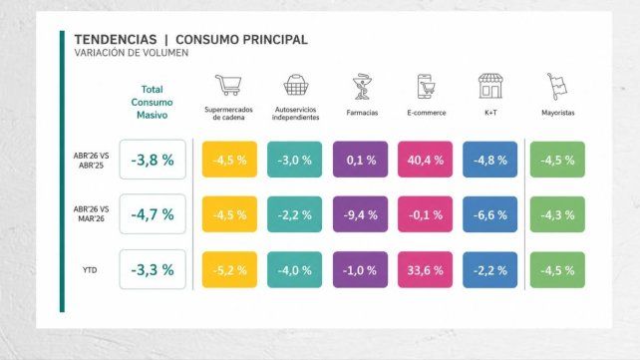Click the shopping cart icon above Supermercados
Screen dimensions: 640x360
pyautogui.click(x=228, y=85)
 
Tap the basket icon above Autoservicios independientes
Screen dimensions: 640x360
pyautogui.click(x=295, y=85)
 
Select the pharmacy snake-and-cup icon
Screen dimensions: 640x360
pyautogui.click(x=362, y=87)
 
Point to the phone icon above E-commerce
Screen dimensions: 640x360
pyautogui.click(x=426, y=87)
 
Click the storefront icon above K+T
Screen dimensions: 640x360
pyautogui.click(x=490, y=86)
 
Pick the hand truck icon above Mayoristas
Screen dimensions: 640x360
pyautogui.click(x=557, y=87)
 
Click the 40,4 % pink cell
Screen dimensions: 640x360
pyautogui.click(x=425, y=160)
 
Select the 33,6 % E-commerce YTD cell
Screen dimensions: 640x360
pyautogui.click(x=425, y=270)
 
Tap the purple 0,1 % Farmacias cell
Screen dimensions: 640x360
pyautogui.click(x=360, y=160)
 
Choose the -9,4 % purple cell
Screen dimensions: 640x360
pyautogui.click(x=360, y=214)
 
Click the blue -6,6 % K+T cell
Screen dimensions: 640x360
pyautogui.click(x=489, y=214)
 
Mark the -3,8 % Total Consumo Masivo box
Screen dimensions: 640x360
pyautogui.click(x=153, y=160)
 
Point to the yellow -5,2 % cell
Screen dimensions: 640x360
pyautogui.click(x=229, y=270)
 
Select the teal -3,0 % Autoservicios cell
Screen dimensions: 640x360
pyautogui.click(x=294, y=160)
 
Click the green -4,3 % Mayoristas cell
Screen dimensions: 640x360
pyautogui.click(x=557, y=214)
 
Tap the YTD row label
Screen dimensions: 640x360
pyautogui.click(x=90, y=270)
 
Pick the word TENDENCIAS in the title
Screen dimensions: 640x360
pyautogui.click(x=116, y=40)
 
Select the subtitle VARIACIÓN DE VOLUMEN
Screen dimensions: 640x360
pyautogui.click(x=132, y=53)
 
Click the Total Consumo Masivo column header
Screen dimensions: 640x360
pyautogui.click(x=152, y=102)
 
